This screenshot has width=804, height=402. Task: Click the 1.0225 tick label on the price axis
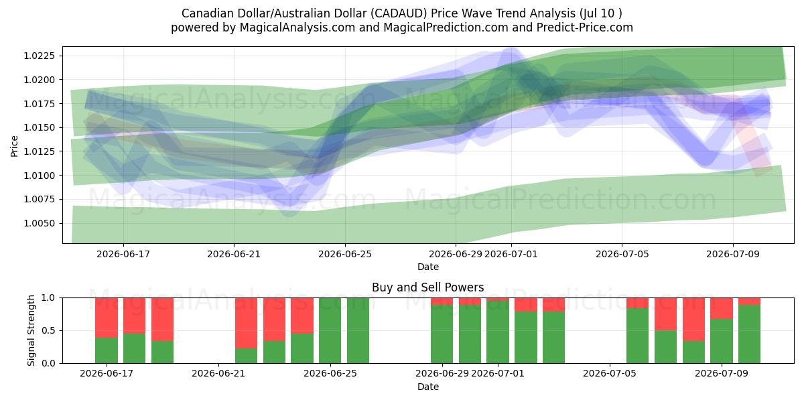coord(39,56)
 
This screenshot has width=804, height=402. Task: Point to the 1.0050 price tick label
coord(39,223)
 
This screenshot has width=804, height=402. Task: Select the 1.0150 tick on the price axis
coord(39,127)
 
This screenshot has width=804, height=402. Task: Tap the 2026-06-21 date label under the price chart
coord(234,254)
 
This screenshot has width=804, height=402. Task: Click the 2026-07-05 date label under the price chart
coord(622,254)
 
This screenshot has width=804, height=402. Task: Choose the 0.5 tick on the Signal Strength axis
coord(48,330)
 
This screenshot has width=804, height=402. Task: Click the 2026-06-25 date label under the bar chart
coord(330,373)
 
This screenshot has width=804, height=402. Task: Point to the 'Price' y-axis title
coord(14,146)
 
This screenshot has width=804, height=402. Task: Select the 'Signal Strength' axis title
coord(31,330)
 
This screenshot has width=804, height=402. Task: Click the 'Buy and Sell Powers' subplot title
coord(428,287)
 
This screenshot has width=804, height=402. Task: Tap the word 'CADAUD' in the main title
coord(399,13)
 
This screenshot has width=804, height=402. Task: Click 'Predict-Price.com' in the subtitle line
coord(584,27)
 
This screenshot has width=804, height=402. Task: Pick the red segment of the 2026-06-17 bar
coord(107,318)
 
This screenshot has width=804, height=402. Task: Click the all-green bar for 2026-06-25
coord(330,330)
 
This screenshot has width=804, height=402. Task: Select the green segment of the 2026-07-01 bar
coord(497,332)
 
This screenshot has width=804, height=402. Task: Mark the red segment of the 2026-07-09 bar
coord(722,308)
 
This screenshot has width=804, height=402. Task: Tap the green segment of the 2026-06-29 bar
coord(442,334)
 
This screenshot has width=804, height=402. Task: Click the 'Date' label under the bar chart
coord(428,387)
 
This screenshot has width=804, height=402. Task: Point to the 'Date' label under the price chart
coord(428,267)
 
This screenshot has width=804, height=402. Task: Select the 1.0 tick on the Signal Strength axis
coord(48,297)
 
